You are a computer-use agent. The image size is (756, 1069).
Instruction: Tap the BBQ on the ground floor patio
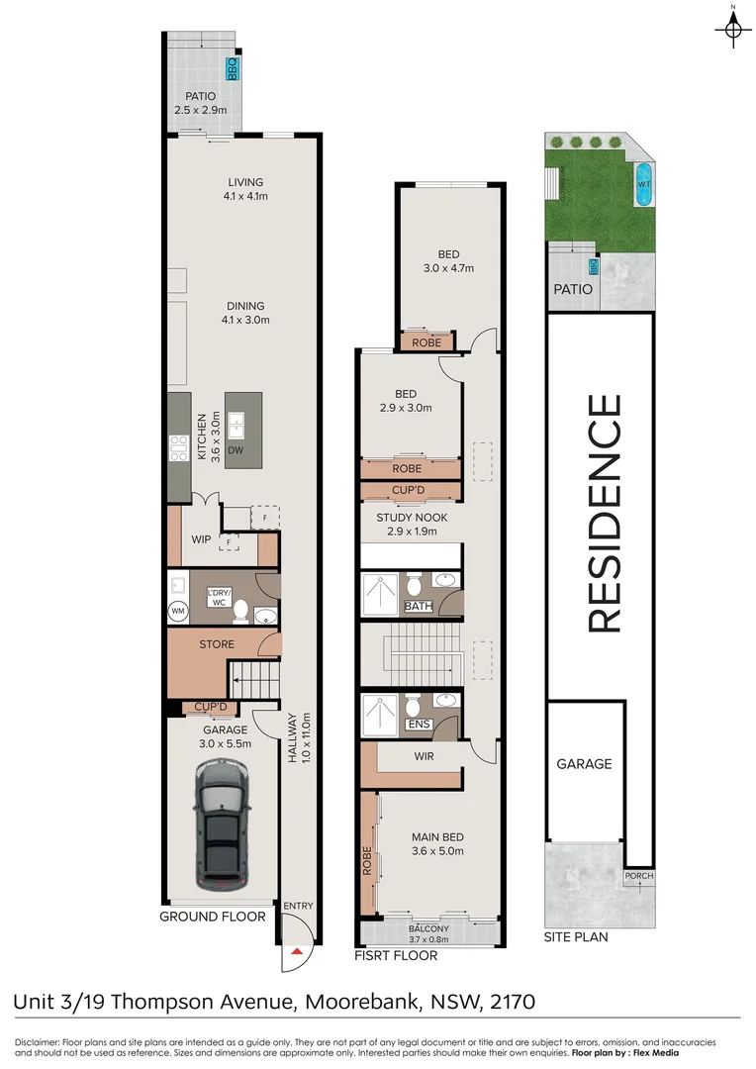(234, 68)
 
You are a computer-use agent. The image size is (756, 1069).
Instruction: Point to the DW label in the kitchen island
(236, 450)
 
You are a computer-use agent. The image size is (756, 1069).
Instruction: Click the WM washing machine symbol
(178, 611)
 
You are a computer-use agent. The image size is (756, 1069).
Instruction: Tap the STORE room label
(217, 644)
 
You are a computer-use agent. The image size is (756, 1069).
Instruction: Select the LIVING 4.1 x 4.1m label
(245, 188)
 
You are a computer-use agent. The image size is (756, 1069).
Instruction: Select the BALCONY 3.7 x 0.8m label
(428, 932)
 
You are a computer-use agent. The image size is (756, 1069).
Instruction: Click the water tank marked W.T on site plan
(642, 185)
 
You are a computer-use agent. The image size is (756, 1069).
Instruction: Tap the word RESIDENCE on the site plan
(605, 513)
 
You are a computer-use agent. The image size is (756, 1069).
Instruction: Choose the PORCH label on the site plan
(638, 877)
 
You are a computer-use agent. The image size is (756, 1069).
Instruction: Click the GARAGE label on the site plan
(584, 764)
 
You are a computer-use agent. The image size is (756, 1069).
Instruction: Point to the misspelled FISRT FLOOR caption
(396, 956)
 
